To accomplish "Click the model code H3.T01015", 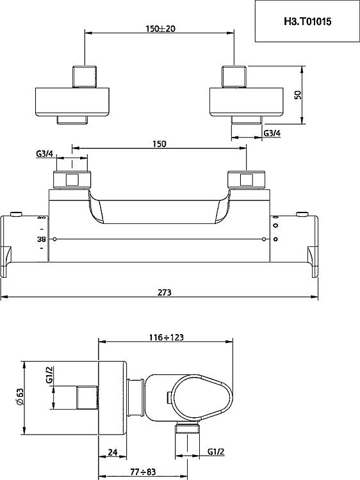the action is [x=307, y=21].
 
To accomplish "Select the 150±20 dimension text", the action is [x=160, y=29].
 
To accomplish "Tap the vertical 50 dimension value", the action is [x=298, y=95].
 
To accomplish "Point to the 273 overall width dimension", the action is [x=165, y=292].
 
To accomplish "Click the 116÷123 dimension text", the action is [x=167, y=337].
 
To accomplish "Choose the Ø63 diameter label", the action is [x=20, y=397].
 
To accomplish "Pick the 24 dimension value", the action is [x=113, y=452].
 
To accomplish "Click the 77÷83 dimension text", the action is [x=143, y=472].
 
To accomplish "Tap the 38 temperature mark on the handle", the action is [x=42, y=239].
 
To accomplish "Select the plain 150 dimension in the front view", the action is [x=160, y=143].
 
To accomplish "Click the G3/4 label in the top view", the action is [x=272, y=133].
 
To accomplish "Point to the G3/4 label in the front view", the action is [x=44, y=154].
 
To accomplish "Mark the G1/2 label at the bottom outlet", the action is [x=216, y=452].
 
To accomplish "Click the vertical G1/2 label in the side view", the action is [x=49, y=375].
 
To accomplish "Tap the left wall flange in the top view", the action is [x=72, y=102].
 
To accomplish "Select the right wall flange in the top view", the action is [x=247, y=102].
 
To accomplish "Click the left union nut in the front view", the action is [x=72, y=180].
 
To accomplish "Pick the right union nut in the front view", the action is [x=246, y=180].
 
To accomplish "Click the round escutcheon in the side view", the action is [x=113, y=397].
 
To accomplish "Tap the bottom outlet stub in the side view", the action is [x=188, y=428].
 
